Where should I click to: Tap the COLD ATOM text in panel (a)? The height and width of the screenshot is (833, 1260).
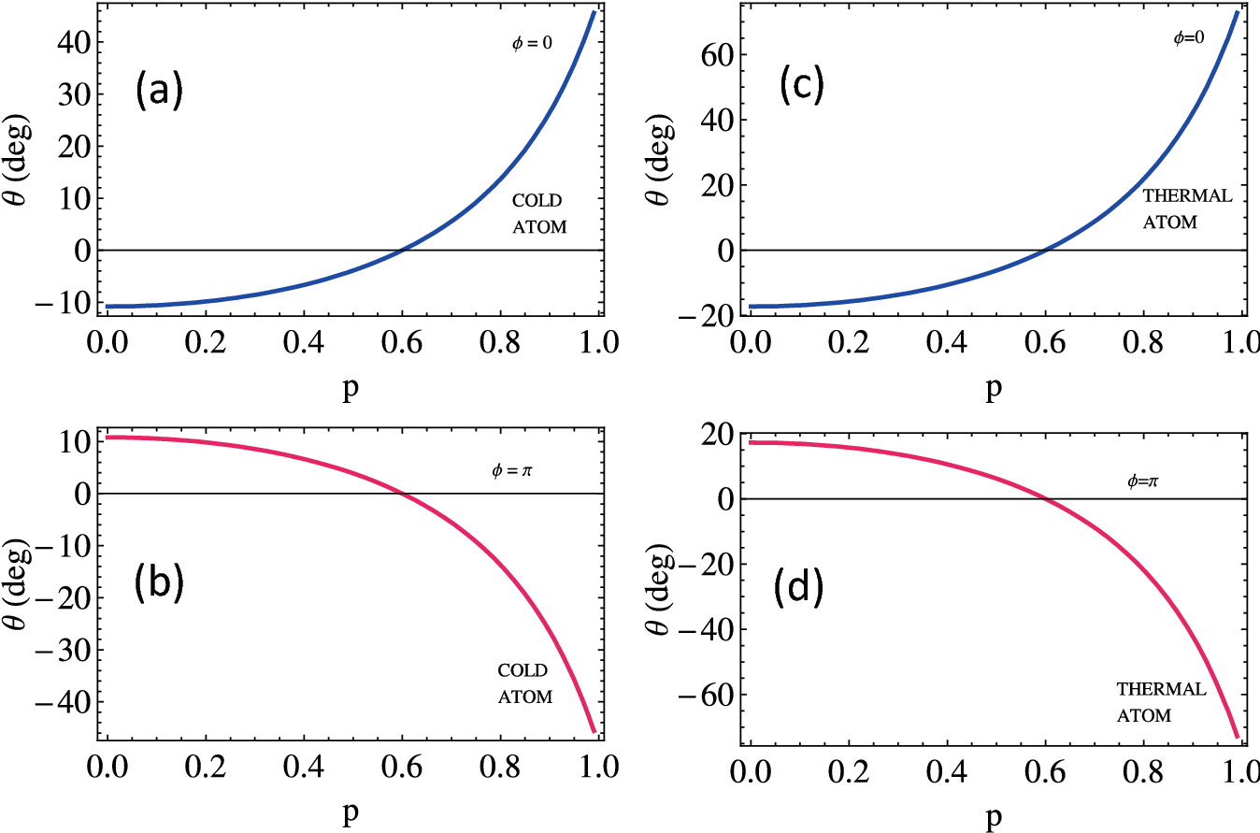pyautogui.click(x=539, y=213)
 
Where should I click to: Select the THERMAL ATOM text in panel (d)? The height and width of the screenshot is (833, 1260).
pyautogui.click(x=1161, y=702)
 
